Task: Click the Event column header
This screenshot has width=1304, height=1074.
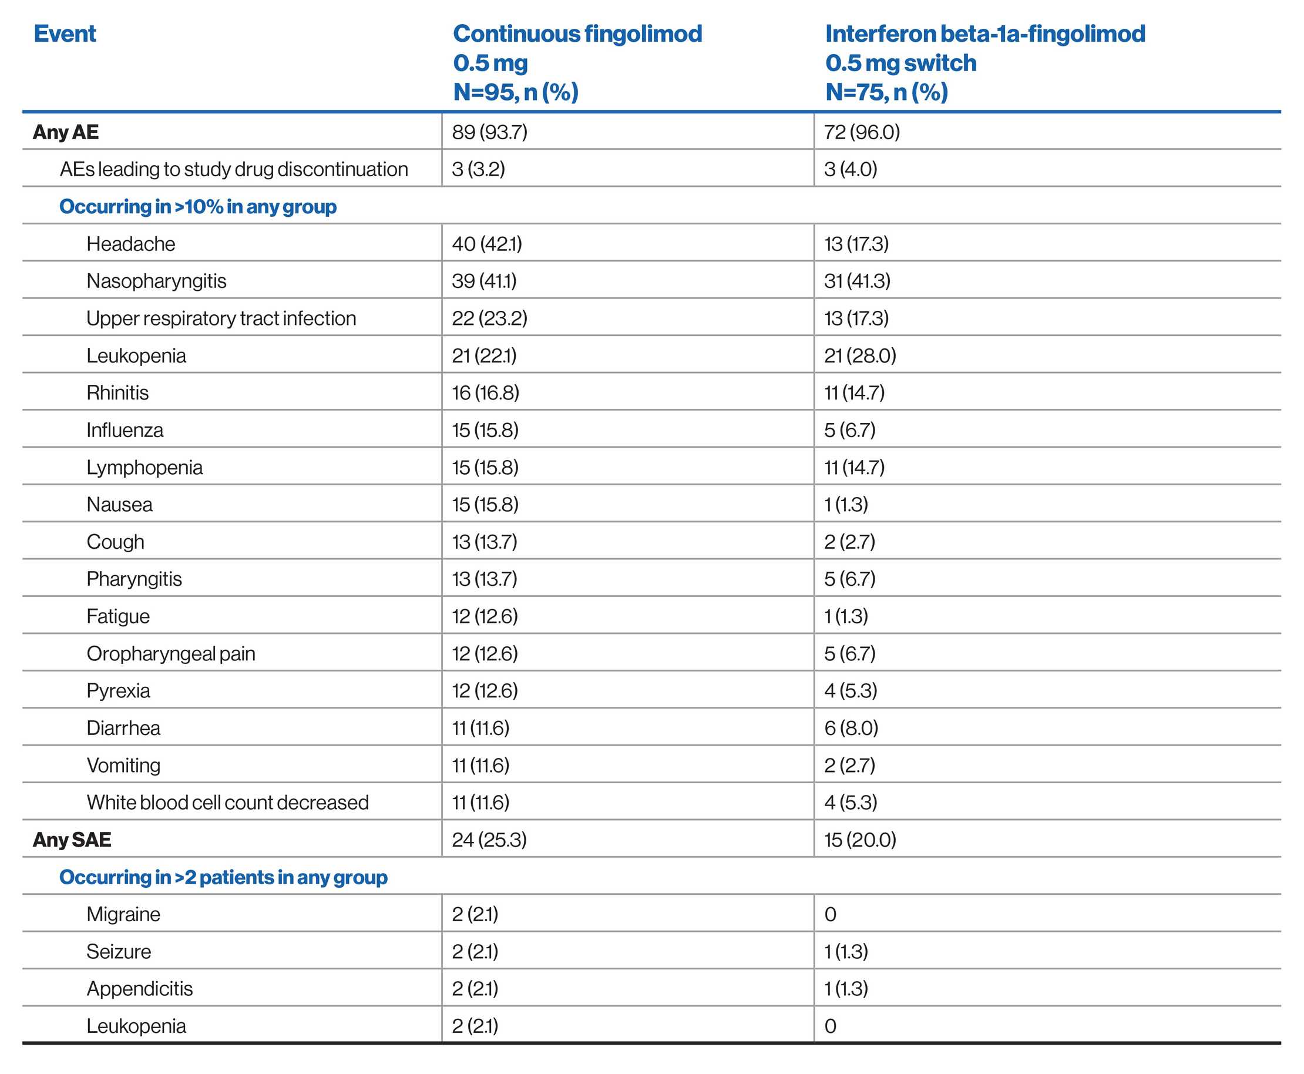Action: pyautogui.click(x=65, y=33)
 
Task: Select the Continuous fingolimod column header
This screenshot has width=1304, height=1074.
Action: pyautogui.click(x=577, y=62)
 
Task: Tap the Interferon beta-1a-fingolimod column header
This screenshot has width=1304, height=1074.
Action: pyautogui.click(x=984, y=62)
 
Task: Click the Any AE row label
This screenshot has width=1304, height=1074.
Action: pyautogui.click(x=66, y=132)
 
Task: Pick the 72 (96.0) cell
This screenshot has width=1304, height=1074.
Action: pyautogui.click(x=861, y=132)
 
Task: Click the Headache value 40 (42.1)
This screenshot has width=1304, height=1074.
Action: pyautogui.click(x=486, y=244)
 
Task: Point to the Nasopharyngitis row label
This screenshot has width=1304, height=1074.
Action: pyautogui.click(x=156, y=281)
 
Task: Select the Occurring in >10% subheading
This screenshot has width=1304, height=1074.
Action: pyautogui.click(x=197, y=207)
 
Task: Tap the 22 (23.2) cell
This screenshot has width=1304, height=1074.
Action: pyautogui.click(x=489, y=318)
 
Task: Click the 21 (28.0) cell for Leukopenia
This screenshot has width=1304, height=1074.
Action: pyautogui.click(x=859, y=355)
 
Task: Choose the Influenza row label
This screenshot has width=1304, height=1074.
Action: pyautogui.click(x=125, y=430)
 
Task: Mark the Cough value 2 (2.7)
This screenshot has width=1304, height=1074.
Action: pyautogui.click(x=849, y=542)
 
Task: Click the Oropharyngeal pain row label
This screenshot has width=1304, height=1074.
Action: pyautogui.click(x=170, y=653)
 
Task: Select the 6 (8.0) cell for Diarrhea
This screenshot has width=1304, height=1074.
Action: pyautogui.click(x=851, y=728)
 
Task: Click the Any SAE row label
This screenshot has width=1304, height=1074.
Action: pyautogui.click(x=72, y=840)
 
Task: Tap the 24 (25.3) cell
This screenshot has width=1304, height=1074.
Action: pyautogui.click(x=489, y=840)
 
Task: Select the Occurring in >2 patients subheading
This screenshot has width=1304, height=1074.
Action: pyautogui.click(x=223, y=877)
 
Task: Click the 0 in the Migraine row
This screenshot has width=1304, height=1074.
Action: pyautogui.click(x=830, y=914)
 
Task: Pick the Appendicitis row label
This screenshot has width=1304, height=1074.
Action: pyautogui.click(x=139, y=989)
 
